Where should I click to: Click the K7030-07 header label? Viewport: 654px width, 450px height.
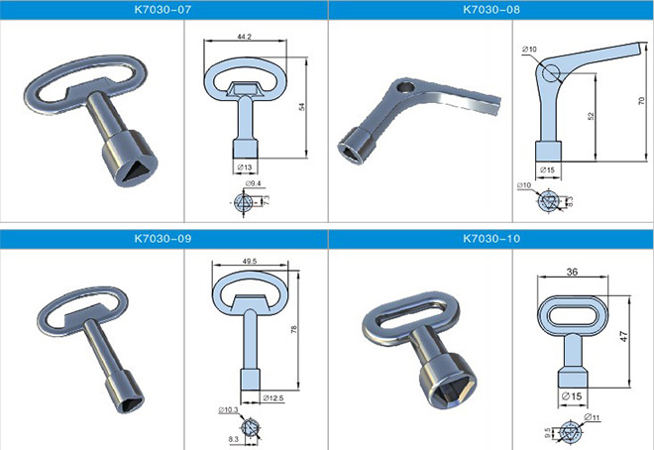point(163,10)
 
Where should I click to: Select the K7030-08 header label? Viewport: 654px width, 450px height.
point(491,10)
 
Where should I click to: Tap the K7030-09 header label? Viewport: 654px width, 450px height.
point(163,239)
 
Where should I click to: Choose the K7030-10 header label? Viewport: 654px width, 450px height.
point(491,239)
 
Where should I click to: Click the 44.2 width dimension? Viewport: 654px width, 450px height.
point(245,37)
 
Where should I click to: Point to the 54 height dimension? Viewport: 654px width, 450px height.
point(301,107)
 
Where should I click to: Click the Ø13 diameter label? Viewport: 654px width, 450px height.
point(245,168)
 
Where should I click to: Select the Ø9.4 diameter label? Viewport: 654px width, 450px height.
point(253,183)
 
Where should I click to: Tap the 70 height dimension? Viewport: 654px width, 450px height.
point(641,101)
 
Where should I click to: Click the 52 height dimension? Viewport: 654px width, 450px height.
point(591,116)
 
